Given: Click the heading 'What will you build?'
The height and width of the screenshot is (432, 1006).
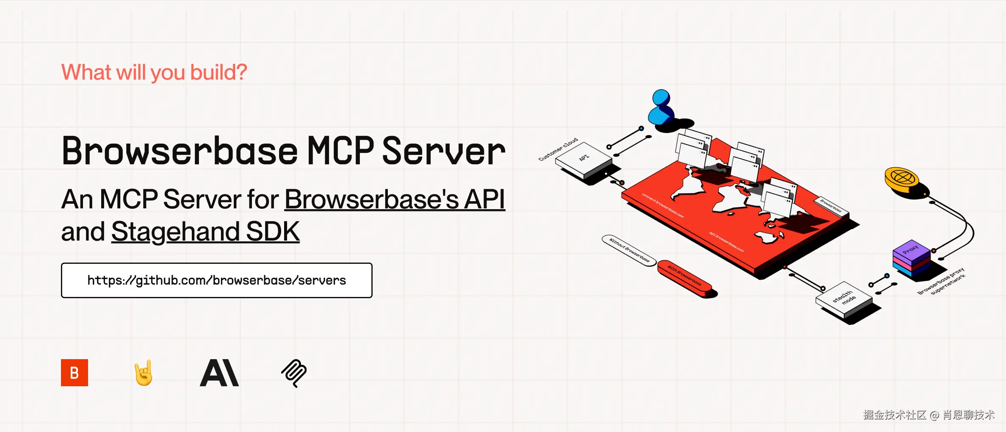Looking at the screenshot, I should tap(154, 72).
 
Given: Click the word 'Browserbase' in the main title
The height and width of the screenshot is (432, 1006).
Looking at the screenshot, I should tap(180, 151).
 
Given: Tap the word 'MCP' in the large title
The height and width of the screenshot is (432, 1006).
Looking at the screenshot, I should tap(340, 151).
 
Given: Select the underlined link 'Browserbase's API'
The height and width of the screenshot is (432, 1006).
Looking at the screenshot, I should tap(395, 199).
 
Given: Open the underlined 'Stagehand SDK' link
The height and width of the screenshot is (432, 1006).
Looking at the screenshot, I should tap(205, 232).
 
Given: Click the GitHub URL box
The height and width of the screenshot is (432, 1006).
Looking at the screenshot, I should tap(216, 280).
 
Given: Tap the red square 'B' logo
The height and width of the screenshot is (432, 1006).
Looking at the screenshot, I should tap(75, 373).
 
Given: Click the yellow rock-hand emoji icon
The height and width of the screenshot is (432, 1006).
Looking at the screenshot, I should tap(144, 373).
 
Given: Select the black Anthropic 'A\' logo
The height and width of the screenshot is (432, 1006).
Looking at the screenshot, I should tap(219, 373).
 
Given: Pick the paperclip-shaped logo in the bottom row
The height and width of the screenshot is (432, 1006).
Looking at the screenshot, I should tap(294, 373).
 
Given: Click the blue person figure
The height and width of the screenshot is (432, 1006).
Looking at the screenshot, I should tap(661, 108).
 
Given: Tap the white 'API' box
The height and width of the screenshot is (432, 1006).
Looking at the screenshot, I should tap(583, 161).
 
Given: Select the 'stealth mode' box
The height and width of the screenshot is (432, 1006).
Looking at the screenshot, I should tap(843, 299).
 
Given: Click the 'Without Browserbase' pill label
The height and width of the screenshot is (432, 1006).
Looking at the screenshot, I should tap(629, 250).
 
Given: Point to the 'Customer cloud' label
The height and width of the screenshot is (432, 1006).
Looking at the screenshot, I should tap(558, 149).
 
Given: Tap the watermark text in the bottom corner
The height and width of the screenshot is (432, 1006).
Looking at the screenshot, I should tap(929, 415).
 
